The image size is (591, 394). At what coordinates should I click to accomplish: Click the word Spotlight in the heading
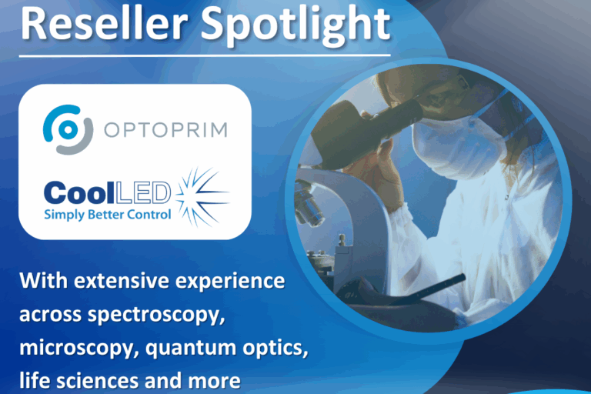[x=295, y=24]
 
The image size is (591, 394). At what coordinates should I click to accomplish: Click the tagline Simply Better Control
[x=107, y=214]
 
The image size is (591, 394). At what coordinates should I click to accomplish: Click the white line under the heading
[x=204, y=55]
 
